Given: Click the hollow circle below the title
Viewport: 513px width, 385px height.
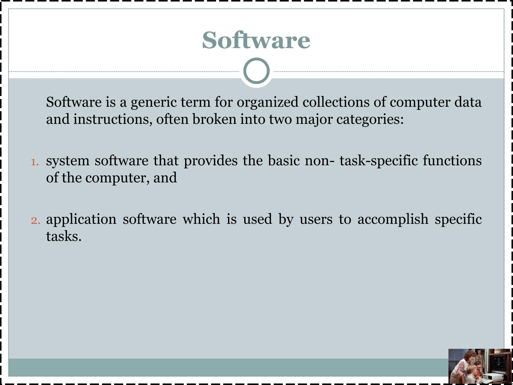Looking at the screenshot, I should (256, 71).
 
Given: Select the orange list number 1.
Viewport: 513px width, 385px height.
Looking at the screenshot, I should (35, 162).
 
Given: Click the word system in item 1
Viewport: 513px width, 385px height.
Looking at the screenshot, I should (68, 161).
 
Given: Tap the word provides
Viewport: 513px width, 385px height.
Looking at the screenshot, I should (210, 161).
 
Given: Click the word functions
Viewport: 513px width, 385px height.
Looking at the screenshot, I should (452, 161).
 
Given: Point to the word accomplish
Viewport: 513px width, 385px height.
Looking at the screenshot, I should (393, 219).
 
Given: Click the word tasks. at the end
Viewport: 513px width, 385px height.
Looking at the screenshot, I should (64, 236).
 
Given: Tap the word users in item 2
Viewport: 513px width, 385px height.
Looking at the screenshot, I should (316, 219).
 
